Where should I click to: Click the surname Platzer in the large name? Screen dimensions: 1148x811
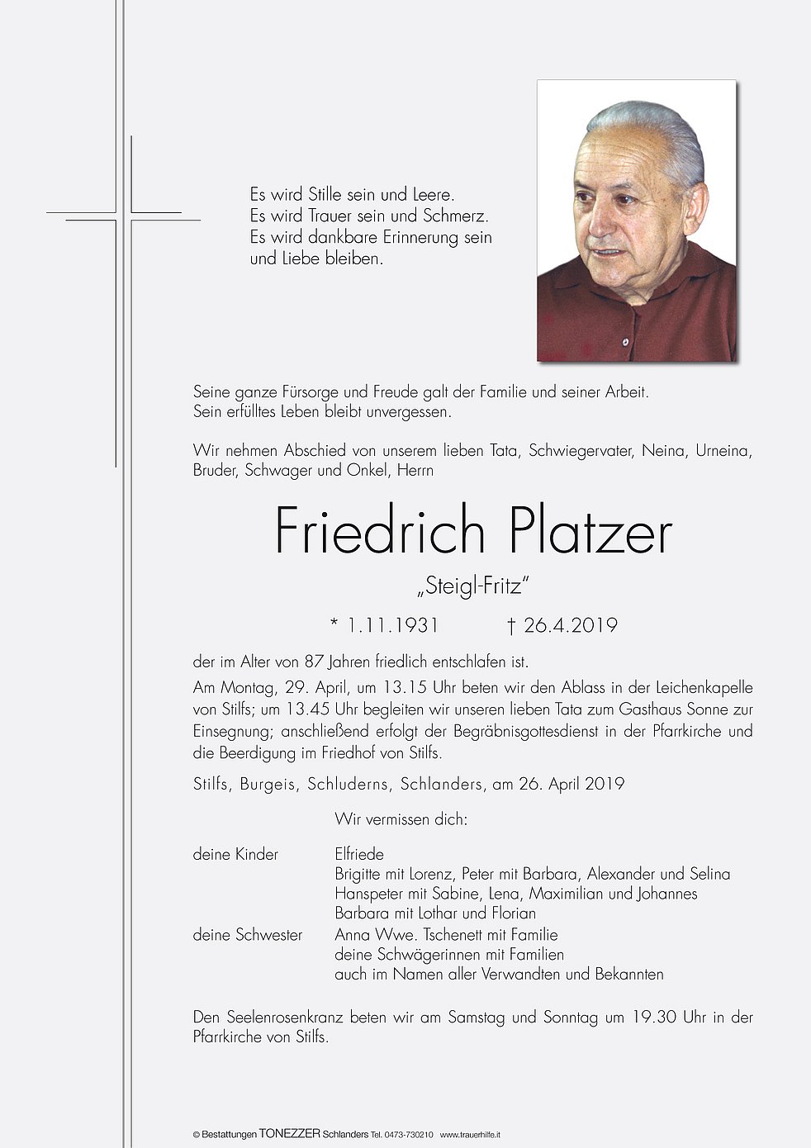coord(590,533)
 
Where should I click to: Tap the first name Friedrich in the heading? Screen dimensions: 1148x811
coord(380,533)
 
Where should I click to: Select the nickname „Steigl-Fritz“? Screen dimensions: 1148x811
coord(472,587)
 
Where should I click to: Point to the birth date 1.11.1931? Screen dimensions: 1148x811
coord(392,625)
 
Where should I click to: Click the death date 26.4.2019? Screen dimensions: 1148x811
coord(570,625)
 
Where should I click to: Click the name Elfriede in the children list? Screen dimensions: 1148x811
coord(359,854)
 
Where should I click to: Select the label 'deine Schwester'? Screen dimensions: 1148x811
coord(248,935)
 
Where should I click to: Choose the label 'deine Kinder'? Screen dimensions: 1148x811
coord(235,854)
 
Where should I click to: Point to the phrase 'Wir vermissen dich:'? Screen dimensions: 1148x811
coord(401,819)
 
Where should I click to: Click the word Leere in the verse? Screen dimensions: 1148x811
coord(433,195)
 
